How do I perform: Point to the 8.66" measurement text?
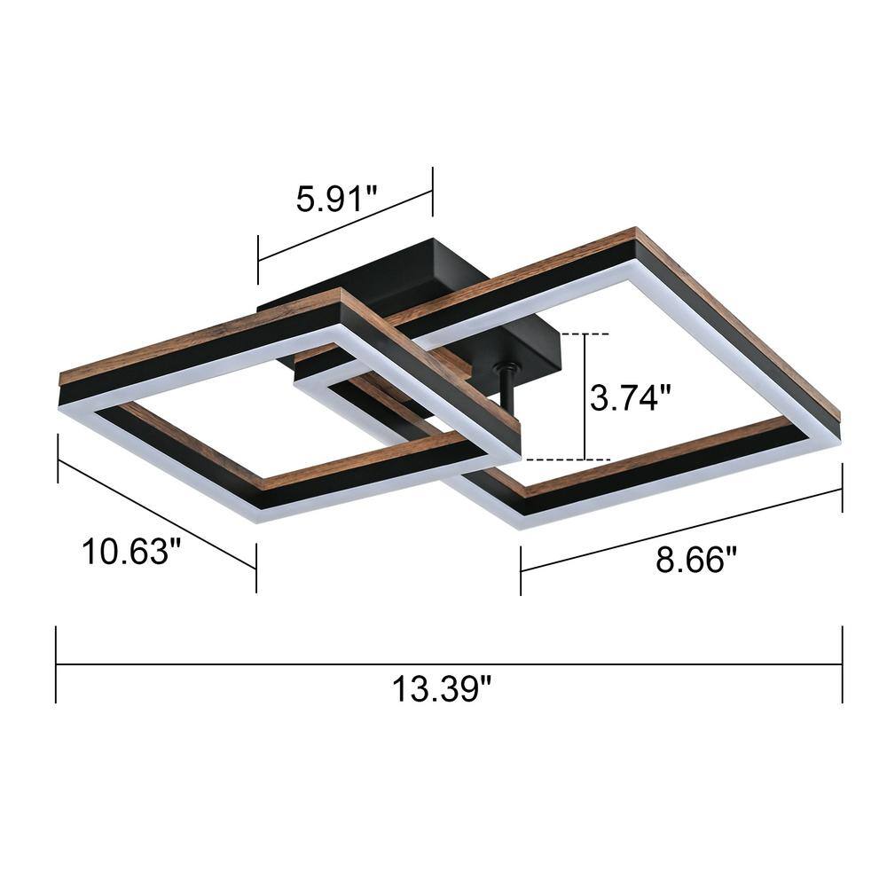pyautogui.click(x=696, y=560)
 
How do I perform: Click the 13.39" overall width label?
pyautogui.click(x=442, y=687)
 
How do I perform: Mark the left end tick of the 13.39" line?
pyautogui.click(x=57, y=664)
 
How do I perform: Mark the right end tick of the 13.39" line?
pyautogui.click(x=842, y=664)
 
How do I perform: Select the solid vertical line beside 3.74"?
pyautogui.click(x=585, y=397)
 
